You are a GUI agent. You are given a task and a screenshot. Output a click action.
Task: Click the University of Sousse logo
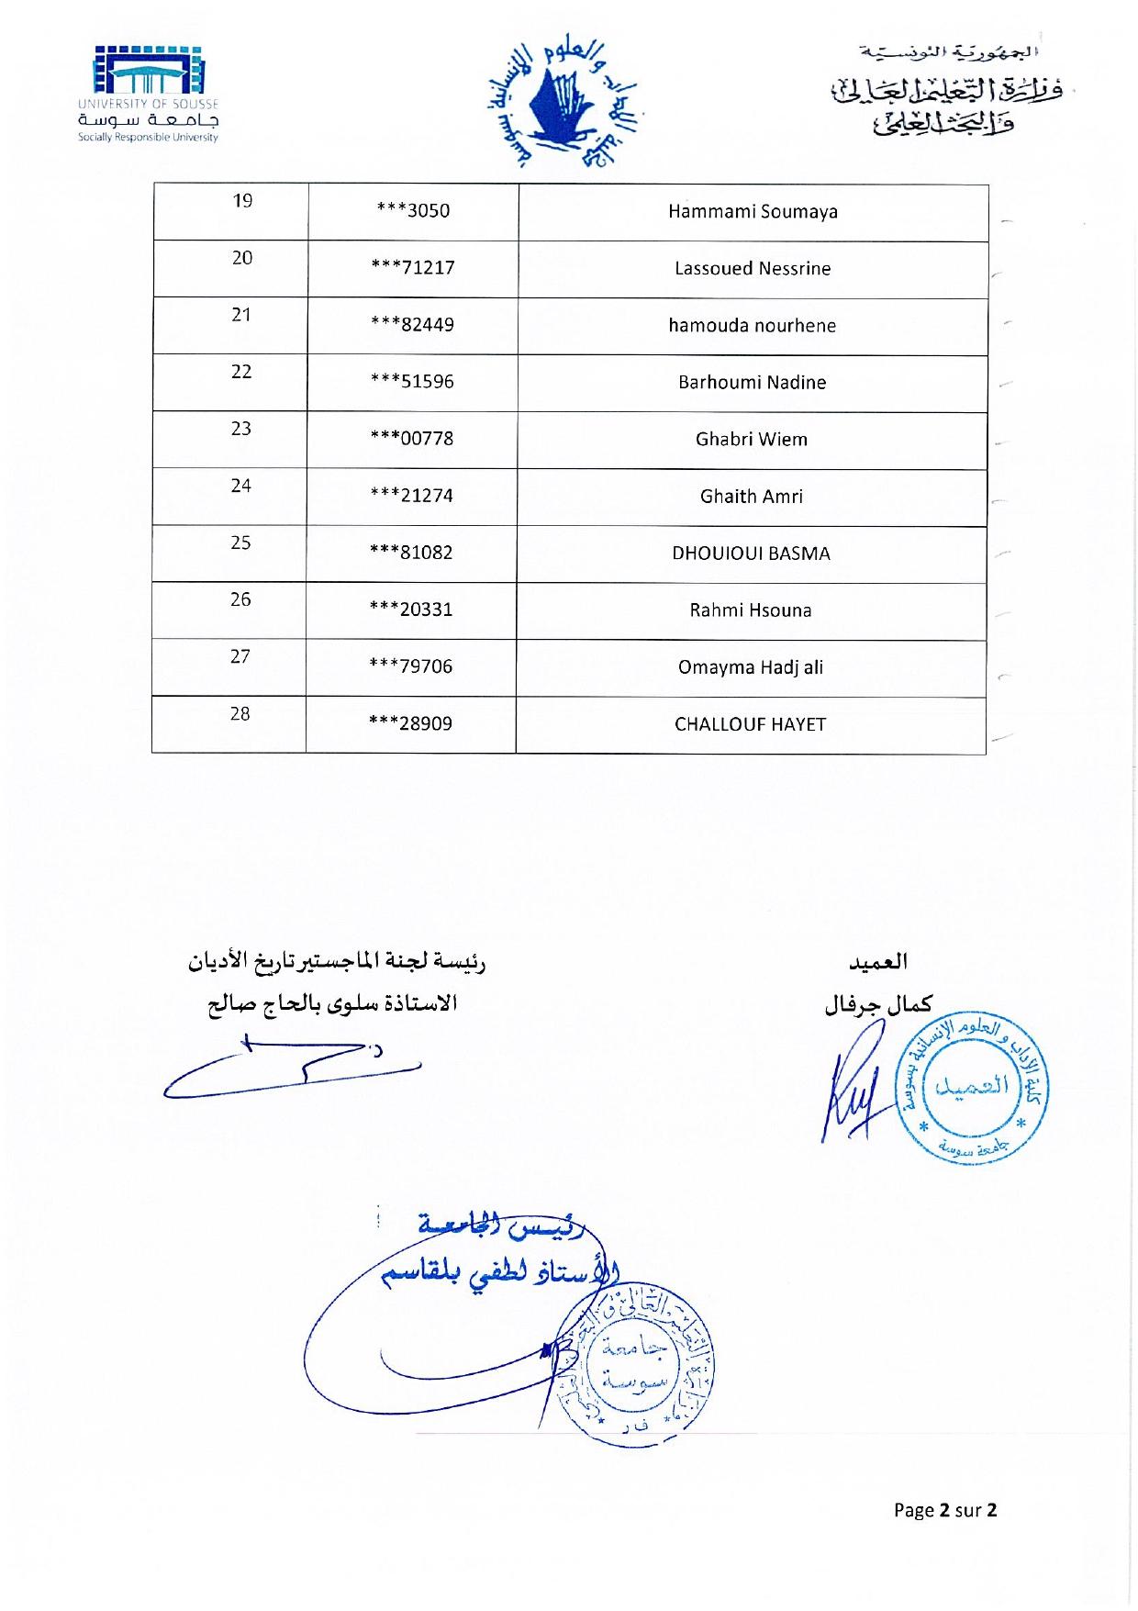[x=148, y=94]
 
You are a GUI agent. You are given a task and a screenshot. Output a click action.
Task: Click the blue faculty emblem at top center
[x=563, y=104]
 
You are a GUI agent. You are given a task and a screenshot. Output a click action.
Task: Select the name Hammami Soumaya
[x=753, y=212]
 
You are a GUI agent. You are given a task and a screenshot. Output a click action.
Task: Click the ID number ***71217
[x=412, y=268]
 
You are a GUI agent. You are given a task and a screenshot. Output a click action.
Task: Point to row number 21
[x=241, y=315]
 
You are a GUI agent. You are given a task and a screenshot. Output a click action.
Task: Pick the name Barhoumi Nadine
[x=752, y=383]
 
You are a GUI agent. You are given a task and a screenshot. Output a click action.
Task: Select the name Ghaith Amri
[x=751, y=497]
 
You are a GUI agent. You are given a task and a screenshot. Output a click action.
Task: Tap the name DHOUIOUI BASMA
[x=751, y=554]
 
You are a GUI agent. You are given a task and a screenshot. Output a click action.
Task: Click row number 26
[x=240, y=599]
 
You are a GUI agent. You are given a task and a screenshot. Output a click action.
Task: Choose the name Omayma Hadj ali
[x=750, y=667]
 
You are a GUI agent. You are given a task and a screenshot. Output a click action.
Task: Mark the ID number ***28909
[x=410, y=723]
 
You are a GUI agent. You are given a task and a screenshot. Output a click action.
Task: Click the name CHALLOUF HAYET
[x=750, y=724]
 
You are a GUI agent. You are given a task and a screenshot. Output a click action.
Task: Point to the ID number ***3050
[x=413, y=211]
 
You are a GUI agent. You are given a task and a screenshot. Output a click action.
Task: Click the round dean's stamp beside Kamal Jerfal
[x=973, y=1090]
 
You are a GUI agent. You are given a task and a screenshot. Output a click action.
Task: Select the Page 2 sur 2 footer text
[x=945, y=1510]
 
